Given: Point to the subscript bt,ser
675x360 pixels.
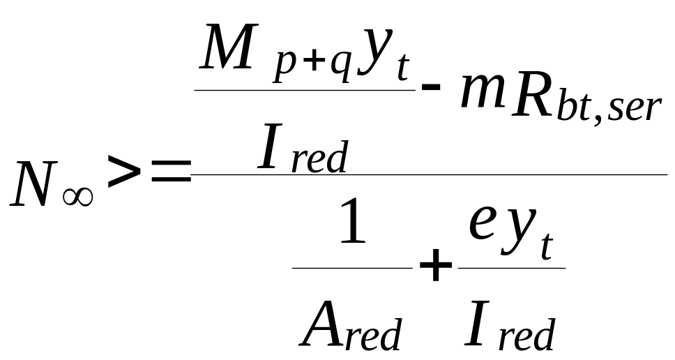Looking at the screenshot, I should coord(614,109).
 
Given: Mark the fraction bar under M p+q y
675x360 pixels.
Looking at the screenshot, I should coord(304,90).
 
